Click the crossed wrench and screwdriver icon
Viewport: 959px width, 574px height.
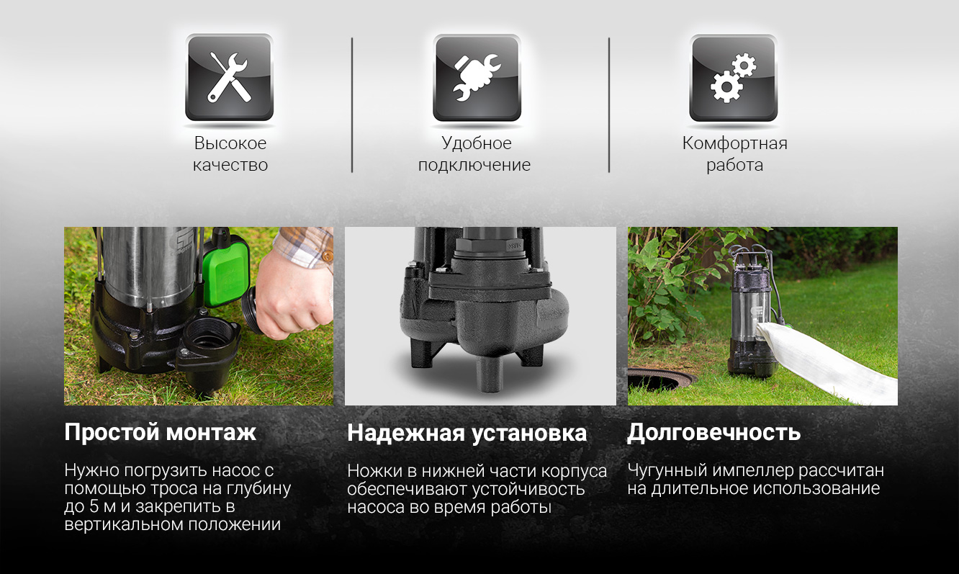pos(229,78)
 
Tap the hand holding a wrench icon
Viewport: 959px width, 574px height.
pos(477,78)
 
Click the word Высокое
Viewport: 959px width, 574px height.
pos(230,143)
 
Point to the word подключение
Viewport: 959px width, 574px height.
pos(474,165)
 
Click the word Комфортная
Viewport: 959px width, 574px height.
pos(734,143)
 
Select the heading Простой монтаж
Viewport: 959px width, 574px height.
pos(160,432)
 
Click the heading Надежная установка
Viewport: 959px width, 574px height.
pos(467,433)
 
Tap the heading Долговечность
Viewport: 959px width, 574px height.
pos(713,432)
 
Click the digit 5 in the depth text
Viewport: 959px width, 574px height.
pos(94,507)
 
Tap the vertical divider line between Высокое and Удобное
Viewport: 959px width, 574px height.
pos(352,105)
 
